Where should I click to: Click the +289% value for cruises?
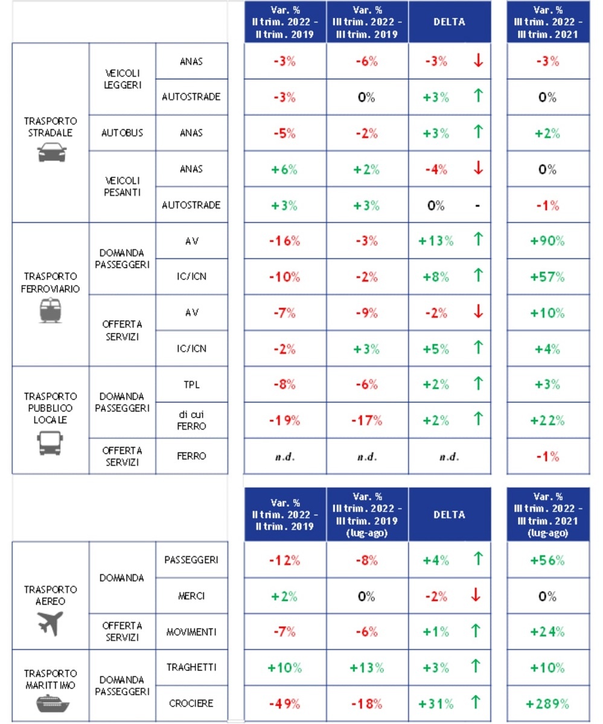point(547,703)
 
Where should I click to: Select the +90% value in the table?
point(547,241)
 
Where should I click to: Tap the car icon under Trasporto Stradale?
point(50,153)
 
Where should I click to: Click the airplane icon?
point(50,623)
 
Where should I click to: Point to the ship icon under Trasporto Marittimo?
point(50,703)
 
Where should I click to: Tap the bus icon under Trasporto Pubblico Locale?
point(50,443)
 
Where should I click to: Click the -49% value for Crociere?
point(284,703)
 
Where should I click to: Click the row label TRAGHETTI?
point(191,667)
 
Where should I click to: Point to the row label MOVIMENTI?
point(191,632)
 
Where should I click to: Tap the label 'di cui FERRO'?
point(191,421)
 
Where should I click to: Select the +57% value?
point(547,277)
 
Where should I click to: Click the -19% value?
point(284,421)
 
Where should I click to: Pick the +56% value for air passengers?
point(547,560)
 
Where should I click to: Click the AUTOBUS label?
point(122,133)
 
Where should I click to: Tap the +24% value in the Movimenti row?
point(547,632)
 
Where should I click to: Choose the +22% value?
point(547,421)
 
